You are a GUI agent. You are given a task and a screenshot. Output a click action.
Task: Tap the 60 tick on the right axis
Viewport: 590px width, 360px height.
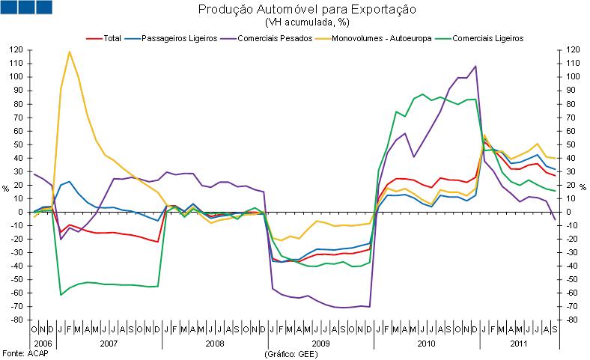tap(571, 131)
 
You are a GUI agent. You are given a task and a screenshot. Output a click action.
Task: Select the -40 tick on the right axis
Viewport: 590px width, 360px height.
tap(571, 266)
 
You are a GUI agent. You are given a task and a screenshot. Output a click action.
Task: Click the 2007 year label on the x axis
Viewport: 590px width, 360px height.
tap(109, 342)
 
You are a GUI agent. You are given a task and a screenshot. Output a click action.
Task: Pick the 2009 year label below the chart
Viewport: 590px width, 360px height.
tap(320, 342)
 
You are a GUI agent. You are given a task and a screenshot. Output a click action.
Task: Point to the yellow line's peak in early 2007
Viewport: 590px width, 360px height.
tap(70, 52)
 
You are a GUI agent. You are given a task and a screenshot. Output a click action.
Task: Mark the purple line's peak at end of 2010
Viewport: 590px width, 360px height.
tap(475, 66)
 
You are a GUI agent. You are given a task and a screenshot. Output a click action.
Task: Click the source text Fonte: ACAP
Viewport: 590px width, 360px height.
tap(22, 353)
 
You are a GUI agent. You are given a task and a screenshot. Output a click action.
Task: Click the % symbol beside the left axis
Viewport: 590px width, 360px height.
tap(5, 188)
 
